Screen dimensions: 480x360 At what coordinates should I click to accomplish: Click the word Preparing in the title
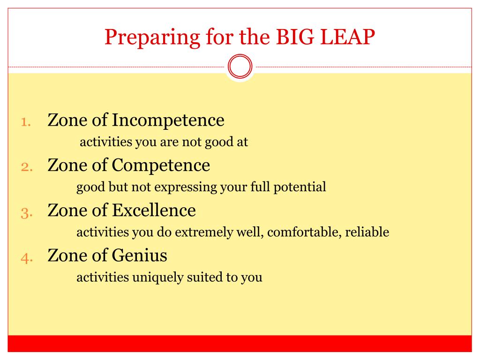(152, 37)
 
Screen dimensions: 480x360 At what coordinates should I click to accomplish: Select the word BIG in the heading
(295, 37)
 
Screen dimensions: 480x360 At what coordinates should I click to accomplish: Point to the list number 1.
(26, 122)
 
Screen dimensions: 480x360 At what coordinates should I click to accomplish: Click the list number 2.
(27, 167)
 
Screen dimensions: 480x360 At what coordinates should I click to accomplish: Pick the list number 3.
(27, 213)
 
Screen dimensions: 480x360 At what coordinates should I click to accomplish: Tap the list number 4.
(27, 258)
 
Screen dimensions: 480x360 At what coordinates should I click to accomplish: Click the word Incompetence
(168, 120)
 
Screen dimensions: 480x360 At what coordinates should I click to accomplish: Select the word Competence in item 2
(161, 166)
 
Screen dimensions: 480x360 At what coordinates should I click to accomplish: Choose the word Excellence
(154, 210)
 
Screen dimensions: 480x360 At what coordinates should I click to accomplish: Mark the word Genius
(140, 255)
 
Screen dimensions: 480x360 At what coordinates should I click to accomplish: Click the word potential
(300, 187)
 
